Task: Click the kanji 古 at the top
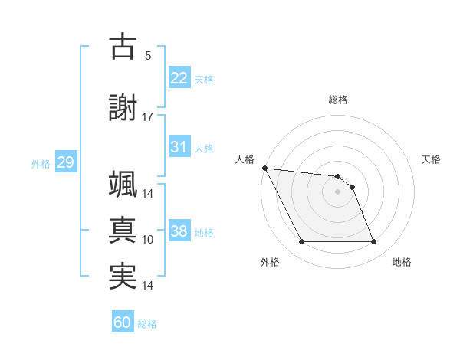click(123, 47)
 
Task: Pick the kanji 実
click(123, 276)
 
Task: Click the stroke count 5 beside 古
click(148, 56)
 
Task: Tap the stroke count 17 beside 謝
click(148, 116)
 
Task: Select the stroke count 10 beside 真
click(148, 240)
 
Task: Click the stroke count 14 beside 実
click(148, 286)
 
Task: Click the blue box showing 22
click(179, 78)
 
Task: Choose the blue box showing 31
click(179, 147)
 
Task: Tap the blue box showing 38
click(179, 231)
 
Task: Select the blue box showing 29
click(65, 162)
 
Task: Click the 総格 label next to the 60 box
click(147, 324)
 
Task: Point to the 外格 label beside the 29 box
click(41, 163)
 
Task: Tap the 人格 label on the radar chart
click(245, 159)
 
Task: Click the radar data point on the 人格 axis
click(264, 168)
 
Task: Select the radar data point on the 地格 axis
click(373, 242)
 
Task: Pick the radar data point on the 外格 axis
click(301, 242)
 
